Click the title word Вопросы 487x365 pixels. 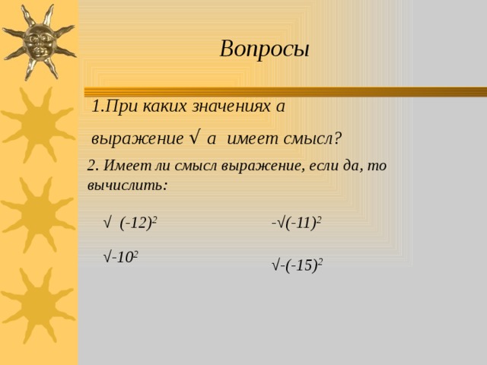264,49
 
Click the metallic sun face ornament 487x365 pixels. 39,40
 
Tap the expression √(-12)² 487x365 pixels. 130,223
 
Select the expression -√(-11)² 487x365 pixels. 296,223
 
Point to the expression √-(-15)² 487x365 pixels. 298,265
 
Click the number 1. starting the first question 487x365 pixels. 97,106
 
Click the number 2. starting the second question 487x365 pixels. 92,167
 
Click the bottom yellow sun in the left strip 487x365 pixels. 33,305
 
